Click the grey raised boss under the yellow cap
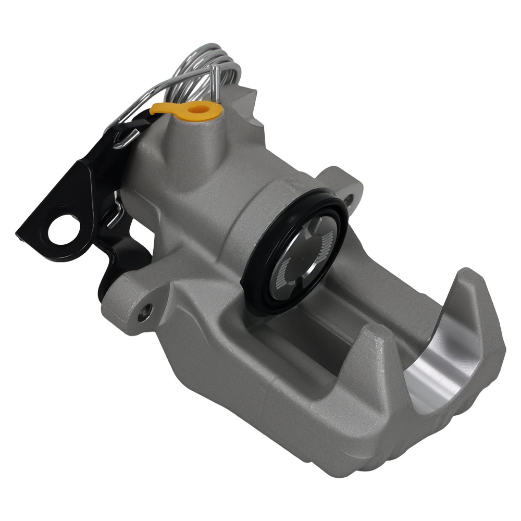point(193,146)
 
